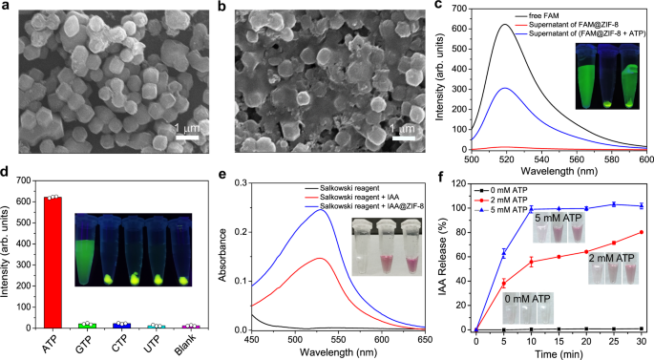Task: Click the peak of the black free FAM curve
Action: (496, 25)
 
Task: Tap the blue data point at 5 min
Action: (503, 280)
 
